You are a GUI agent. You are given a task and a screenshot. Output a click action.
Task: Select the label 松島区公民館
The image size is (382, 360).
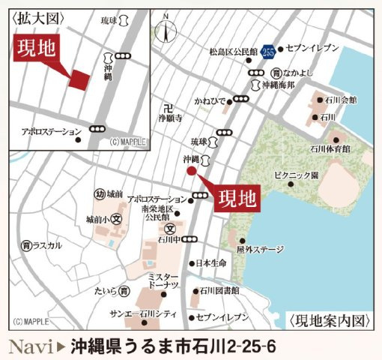tap(235, 52)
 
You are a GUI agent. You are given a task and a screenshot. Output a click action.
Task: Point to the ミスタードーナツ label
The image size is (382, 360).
tap(163, 280)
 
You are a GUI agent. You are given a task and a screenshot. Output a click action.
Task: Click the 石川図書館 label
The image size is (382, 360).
tap(220, 290)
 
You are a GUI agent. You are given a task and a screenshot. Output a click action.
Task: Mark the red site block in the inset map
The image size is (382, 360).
tap(79, 79)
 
